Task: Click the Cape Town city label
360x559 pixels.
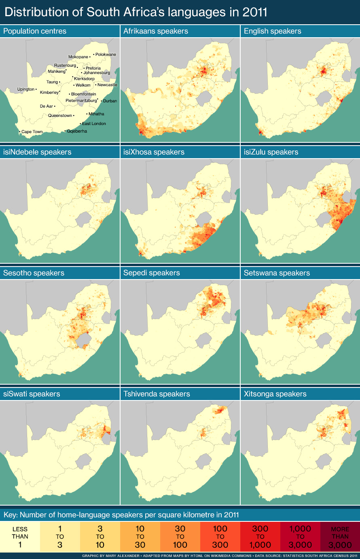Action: click(x=32, y=132)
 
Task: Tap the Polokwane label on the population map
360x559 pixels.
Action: click(x=106, y=55)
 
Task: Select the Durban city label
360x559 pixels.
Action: click(x=110, y=101)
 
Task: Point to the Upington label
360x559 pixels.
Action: click(x=26, y=89)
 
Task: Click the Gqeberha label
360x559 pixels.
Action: click(x=77, y=131)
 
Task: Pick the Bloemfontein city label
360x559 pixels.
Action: click(x=84, y=94)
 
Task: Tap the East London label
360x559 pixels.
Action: click(x=94, y=124)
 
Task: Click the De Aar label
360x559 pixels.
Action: click(x=47, y=106)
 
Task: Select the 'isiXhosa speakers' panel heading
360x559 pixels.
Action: click(x=154, y=152)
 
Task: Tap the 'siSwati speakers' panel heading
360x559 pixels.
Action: click(x=32, y=394)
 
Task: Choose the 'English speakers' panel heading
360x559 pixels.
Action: click(x=272, y=31)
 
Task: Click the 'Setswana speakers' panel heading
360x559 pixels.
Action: click(x=277, y=273)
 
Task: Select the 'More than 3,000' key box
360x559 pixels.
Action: click(x=340, y=537)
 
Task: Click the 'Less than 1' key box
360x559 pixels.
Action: click(x=20, y=537)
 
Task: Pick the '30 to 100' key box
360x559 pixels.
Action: click(x=180, y=537)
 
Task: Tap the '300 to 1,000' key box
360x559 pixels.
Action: click(x=260, y=537)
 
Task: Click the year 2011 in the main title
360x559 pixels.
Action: click(x=255, y=12)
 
